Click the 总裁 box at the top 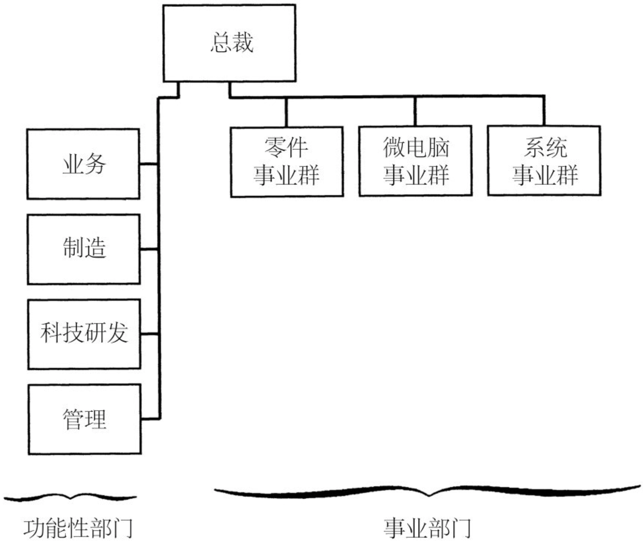(x=229, y=43)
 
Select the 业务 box (x=83, y=164)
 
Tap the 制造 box (x=84, y=249)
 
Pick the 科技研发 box (x=84, y=334)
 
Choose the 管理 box (x=84, y=419)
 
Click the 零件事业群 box (x=286, y=162)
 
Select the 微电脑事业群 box (x=415, y=161)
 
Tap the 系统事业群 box (x=544, y=161)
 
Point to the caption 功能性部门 (x=78, y=528)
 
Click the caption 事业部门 (x=427, y=528)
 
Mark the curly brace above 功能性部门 (x=71, y=497)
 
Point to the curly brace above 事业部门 (x=428, y=492)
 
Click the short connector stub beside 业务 (x=149, y=164)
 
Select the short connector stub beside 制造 (x=149, y=249)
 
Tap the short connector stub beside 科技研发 (x=150, y=334)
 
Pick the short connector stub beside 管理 (x=150, y=419)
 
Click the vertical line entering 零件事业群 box (x=286, y=112)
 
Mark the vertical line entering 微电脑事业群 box (x=415, y=112)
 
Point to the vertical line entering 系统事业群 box (x=544, y=111)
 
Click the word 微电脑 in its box (x=416, y=148)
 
